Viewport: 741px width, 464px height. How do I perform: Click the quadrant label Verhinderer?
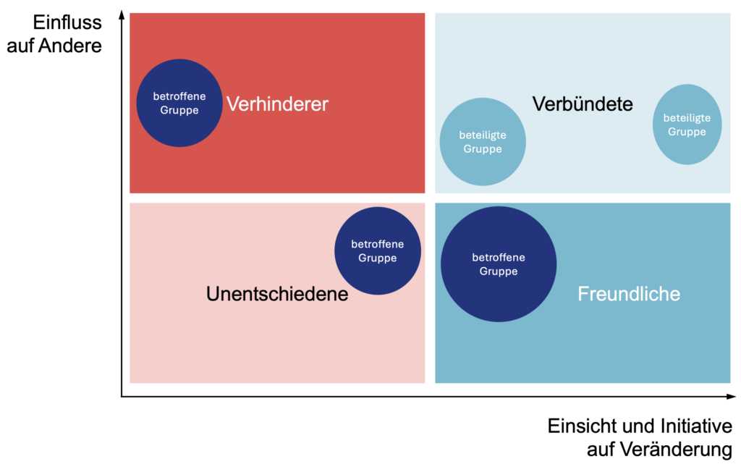(x=277, y=104)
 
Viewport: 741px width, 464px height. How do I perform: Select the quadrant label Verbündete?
(x=583, y=104)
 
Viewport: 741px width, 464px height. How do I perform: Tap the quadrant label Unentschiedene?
(x=277, y=295)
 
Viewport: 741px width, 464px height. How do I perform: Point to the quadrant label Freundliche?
(x=629, y=294)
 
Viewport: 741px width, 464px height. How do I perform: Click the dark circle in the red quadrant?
(x=179, y=103)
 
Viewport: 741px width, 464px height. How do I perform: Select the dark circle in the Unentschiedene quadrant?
(x=378, y=250)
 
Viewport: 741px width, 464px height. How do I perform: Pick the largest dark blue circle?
(x=499, y=264)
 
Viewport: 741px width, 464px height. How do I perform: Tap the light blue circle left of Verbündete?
(x=483, y=142)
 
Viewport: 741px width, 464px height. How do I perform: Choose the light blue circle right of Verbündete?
(x=687, y=125)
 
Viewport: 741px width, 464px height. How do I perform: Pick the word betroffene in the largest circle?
(x=499, y=257)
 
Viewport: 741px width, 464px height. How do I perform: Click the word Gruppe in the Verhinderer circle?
(x=179, y=110)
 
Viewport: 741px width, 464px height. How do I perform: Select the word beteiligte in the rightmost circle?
(x=687, y=118)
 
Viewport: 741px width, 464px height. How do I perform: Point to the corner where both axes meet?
(x=122, y=396)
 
